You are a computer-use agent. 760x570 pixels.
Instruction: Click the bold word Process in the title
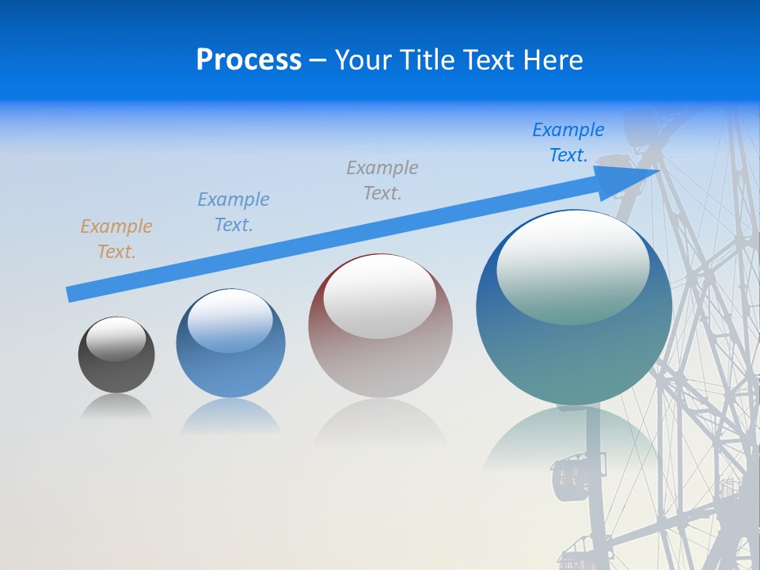(249, 60)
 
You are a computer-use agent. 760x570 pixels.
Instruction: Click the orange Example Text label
(116, 239)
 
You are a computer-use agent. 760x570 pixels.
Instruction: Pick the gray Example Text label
(382, 180)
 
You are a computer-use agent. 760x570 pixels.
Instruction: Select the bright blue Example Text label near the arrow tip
(568, 142)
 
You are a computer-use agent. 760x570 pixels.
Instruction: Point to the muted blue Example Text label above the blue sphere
(234, 211)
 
